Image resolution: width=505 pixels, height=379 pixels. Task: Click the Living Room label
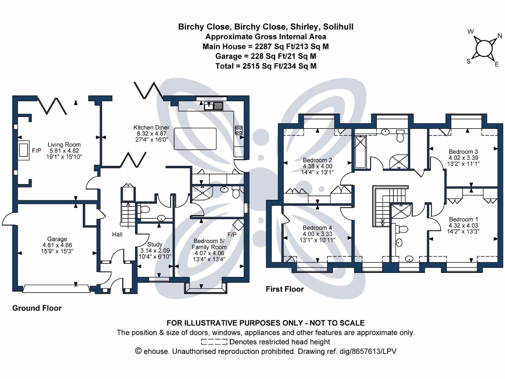pyautogui.click(x=63, y=145)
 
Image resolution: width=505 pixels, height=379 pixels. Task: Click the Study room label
pyautogui.click(x=154, y=244)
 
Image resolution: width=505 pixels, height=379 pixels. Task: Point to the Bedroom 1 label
pyautogui.click(x=463, y=219)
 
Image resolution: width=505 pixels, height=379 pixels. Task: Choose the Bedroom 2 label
pyautogui.click(x=317, y=160)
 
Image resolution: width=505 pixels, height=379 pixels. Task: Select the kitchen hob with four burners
pyautogui.click(x=238, y=130)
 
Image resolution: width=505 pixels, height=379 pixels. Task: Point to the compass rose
pyautogui.click(x=484, y=48)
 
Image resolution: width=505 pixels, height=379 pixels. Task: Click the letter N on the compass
pyautogui.click(x=499, y=36)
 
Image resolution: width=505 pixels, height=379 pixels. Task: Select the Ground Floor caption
pyautogui.click(x=37, y=308)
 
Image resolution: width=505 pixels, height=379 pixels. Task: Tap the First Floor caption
pyautogui.click(x=285, y=289)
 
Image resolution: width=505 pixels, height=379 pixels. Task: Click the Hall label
pyautogui.click(x=117, y=234)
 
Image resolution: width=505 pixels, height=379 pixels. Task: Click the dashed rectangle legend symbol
pyautogui.click(x=214, y=341)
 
